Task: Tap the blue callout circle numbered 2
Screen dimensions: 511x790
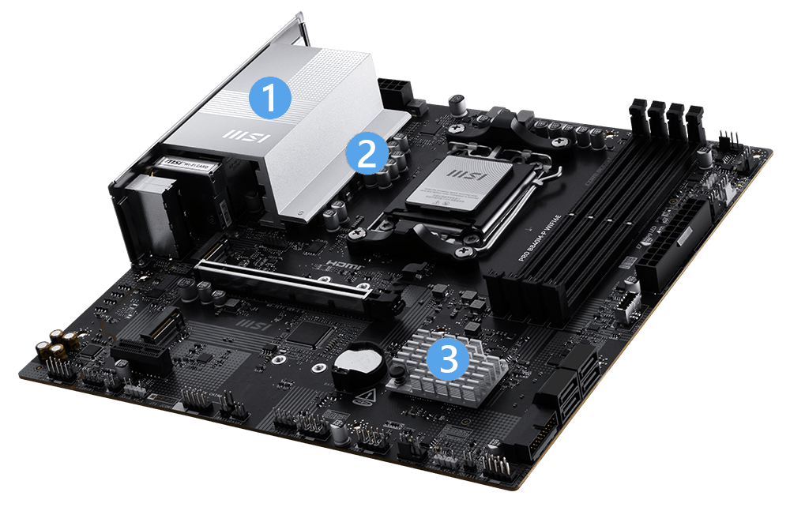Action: point(366,153)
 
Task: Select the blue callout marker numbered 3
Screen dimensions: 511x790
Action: point(447,361)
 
